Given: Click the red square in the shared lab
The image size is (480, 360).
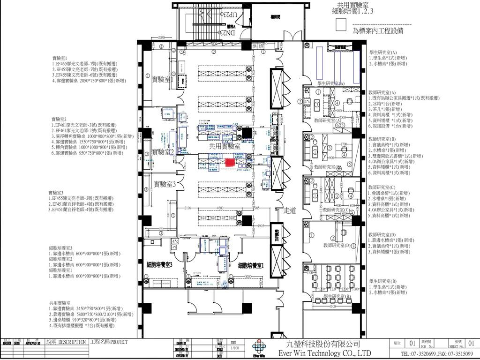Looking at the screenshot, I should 230,162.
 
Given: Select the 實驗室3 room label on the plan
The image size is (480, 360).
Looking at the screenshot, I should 165,184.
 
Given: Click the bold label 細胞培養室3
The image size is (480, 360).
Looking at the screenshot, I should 160,265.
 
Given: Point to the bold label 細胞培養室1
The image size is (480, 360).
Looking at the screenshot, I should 251,266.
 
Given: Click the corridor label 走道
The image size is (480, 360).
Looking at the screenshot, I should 290,211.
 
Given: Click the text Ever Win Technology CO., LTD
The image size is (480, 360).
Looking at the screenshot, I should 324,353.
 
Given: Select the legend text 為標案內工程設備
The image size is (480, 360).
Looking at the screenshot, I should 378,31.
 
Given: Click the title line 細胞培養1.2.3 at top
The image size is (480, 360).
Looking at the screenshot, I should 352,11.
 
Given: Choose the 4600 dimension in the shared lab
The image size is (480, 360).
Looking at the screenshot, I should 218,208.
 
